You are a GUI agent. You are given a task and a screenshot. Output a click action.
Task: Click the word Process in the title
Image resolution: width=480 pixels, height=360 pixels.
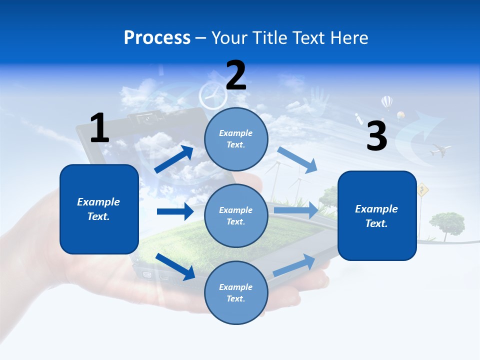coord(157,38)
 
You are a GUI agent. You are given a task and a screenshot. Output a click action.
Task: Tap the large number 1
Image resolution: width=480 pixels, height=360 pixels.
coord(99,128)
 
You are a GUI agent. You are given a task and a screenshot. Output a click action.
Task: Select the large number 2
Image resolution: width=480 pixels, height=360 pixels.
coord(236,75)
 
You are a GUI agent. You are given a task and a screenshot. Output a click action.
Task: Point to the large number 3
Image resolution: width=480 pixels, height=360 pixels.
coord(376,136)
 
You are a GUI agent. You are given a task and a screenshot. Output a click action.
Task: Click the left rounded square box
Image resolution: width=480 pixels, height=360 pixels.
coord(99,209)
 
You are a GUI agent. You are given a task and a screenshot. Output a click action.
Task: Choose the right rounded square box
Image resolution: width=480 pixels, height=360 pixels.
coord(377,215)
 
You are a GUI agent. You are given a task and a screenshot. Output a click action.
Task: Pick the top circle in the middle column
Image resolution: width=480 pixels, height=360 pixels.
coord(236,139)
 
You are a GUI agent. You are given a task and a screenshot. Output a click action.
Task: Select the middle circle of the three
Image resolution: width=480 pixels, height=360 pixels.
coord(236,215)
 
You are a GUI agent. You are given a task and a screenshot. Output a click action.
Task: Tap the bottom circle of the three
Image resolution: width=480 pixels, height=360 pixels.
coord(236,292)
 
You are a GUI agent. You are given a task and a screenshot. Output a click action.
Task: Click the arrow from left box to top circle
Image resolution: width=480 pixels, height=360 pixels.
coord(174,159)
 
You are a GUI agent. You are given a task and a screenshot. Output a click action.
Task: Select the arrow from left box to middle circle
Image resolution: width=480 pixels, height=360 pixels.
coord(175,211)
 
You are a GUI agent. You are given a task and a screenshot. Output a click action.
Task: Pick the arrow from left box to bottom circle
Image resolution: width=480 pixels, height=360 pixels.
coord(175,266)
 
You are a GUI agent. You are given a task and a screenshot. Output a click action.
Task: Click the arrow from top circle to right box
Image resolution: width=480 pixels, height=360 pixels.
coord(297,159)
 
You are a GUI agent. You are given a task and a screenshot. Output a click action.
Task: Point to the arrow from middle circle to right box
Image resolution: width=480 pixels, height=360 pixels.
coord(296,210)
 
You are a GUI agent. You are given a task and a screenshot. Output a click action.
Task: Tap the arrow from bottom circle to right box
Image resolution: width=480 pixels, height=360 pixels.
coord(294,265)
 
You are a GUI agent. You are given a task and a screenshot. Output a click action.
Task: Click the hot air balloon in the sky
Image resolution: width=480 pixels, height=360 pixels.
coord(386,103)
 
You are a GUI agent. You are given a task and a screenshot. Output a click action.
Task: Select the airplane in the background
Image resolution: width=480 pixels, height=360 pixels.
coord(439,149)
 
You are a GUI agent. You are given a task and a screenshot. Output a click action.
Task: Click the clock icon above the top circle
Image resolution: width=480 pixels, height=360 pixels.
coord(209,95)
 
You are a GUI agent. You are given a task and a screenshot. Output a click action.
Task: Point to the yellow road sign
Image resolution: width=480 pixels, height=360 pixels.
coord(423,189)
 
